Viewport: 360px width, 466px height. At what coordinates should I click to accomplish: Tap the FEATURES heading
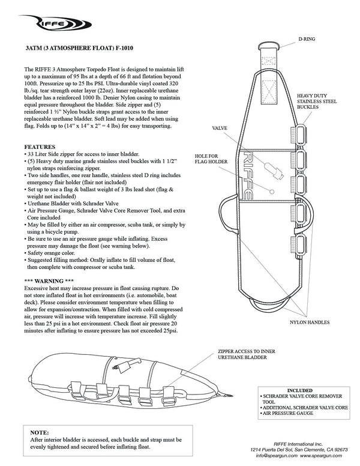[40, 147]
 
